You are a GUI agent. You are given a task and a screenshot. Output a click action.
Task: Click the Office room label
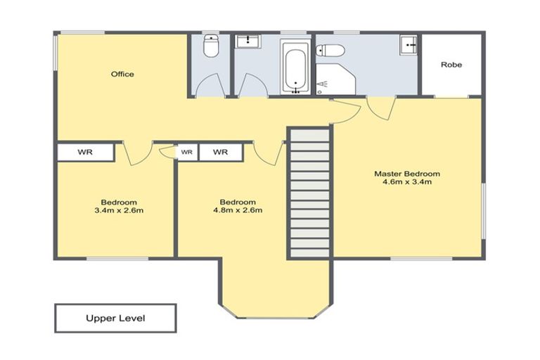[x=122, y=74]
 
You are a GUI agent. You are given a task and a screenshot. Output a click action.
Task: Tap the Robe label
[x=451, y=65]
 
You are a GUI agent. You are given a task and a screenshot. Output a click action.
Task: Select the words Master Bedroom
[x=406, y=174]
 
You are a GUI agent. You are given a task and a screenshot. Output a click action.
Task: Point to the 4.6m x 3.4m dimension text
[x=406, y=182]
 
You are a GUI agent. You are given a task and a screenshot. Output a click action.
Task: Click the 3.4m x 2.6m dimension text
[x=118, y=210]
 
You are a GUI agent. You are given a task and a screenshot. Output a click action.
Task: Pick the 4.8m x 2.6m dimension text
[x=238, y=210]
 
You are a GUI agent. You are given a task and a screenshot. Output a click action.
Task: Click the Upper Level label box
[x=115, y=318]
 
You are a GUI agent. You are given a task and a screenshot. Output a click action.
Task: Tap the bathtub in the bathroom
[x=295, y=67]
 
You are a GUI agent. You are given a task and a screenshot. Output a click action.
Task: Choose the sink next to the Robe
[x=409, y=45]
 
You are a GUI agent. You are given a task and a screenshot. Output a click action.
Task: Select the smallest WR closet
[x=187, y=152]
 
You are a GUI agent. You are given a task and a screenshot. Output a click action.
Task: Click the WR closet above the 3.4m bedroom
[x=85, y=152]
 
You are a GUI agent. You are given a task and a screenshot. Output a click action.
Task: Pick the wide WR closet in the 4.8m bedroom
[x=221, y=152]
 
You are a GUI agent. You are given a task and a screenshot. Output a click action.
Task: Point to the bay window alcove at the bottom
[x=274, y=288]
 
